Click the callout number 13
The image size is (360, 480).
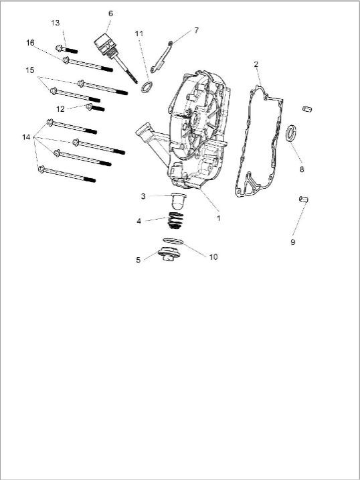[x=56, y=22]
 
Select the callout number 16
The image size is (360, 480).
[x=30, y=43]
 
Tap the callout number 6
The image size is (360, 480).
[x=110, y=13]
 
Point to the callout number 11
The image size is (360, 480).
[x=139, y=33]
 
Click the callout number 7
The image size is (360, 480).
[x=196, y=30]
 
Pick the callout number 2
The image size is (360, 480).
[x=256, y=64]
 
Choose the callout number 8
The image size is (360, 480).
[x=302, y=169]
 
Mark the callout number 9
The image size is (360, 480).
[x=292, y=242]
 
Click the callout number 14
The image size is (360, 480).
[x=26, y=137]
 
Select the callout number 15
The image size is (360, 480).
[x=30, y=70]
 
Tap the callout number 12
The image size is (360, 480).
[x=60, y=108]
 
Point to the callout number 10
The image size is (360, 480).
[x=213, y=256]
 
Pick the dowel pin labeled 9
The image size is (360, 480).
[x=304, y=199]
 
